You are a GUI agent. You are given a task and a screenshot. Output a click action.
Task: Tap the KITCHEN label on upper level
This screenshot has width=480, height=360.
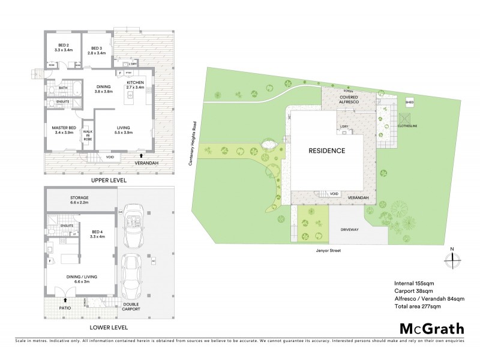pyautogui.click(x=136, y=84)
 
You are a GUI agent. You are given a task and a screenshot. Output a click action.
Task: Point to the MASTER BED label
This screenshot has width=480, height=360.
pyautogui.click(x=63, y=129)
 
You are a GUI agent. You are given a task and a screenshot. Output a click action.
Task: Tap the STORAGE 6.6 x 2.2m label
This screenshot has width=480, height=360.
pyautogui.click(x=80, y=200)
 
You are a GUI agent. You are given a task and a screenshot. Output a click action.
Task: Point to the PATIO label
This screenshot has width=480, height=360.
pyautogui.click(x=64, y=308)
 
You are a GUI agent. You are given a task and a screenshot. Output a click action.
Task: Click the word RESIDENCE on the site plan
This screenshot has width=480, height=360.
pyautogui.click(x=327, y=151)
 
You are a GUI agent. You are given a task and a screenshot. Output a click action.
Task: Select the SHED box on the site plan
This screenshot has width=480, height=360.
pyautogui.click(x=410, y=103)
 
